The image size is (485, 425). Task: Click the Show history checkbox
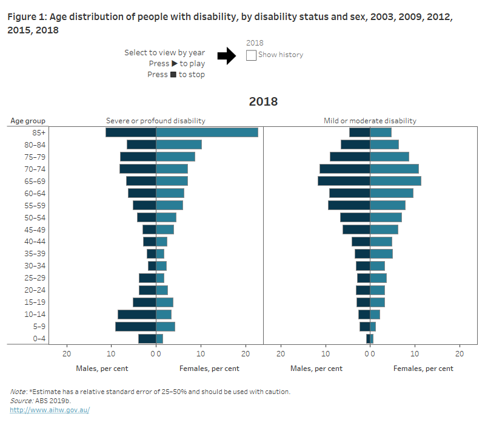[252, 55]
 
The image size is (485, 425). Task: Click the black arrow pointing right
[226, 56]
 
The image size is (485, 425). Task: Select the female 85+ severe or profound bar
[207, 132]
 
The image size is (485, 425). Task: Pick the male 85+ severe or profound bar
[130, 132]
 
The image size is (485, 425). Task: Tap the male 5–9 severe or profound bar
[135, 327]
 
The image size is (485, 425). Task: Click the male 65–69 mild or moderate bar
[344, 181]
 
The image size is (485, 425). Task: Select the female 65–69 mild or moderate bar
[395, 181]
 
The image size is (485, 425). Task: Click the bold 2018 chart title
[263, 101]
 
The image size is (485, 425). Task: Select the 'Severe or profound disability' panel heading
[156, 121]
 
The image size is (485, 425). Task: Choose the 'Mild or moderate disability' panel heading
[370, 121]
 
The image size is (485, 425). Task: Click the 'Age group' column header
[28, 121]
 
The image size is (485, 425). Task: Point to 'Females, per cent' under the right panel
[423, 369]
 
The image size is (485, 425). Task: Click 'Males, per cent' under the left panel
[102, 369]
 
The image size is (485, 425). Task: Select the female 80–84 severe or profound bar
[179, 144]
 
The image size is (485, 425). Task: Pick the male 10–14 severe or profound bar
[136, 314]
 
